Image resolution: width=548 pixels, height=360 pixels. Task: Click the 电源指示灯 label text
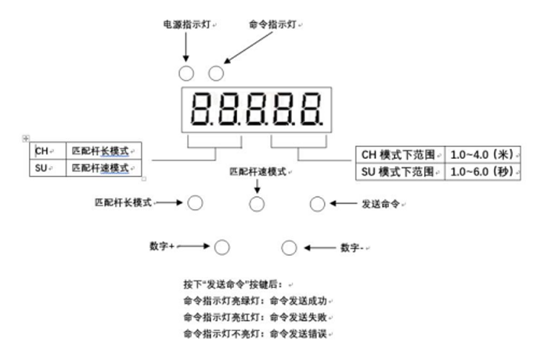coord(187,24)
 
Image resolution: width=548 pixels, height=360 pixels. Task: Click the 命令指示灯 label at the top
coord(272,24)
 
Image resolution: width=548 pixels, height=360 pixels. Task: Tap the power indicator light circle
coord(186,74)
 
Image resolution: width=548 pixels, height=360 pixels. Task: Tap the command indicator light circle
coord(216,74)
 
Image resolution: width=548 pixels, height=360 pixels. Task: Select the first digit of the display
coord(200,109)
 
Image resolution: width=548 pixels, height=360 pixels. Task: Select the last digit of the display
coord(311,109)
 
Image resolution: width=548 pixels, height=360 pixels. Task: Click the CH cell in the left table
coord(48,151)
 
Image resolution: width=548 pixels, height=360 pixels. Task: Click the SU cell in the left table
coord(48,168)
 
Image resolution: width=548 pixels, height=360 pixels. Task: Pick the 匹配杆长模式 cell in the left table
coord(104,151)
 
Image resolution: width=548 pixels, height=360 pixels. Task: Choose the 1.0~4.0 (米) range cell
coord(483,154)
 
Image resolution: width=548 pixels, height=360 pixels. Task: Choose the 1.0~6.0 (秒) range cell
coord(483,171)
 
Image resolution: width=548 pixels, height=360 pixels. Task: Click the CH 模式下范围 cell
coord(400,154)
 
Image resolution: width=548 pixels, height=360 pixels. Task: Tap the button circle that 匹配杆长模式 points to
coord(195,203)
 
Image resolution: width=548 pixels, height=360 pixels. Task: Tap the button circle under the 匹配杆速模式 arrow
coord(257,204)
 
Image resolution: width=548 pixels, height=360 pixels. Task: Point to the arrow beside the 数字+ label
coord(193,246)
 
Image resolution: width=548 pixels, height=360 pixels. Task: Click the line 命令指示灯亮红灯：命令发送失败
coord(255,318)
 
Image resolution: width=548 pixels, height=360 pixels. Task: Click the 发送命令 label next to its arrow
coord(380,204)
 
